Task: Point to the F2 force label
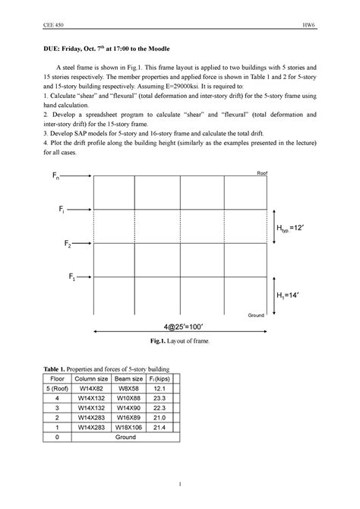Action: [x=69, y=245]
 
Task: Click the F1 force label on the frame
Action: [x=73, y=277]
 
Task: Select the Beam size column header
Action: [x=128, y=378]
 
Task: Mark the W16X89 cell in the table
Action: [x=128, y=416]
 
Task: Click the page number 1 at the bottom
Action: [x=180, y=484]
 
